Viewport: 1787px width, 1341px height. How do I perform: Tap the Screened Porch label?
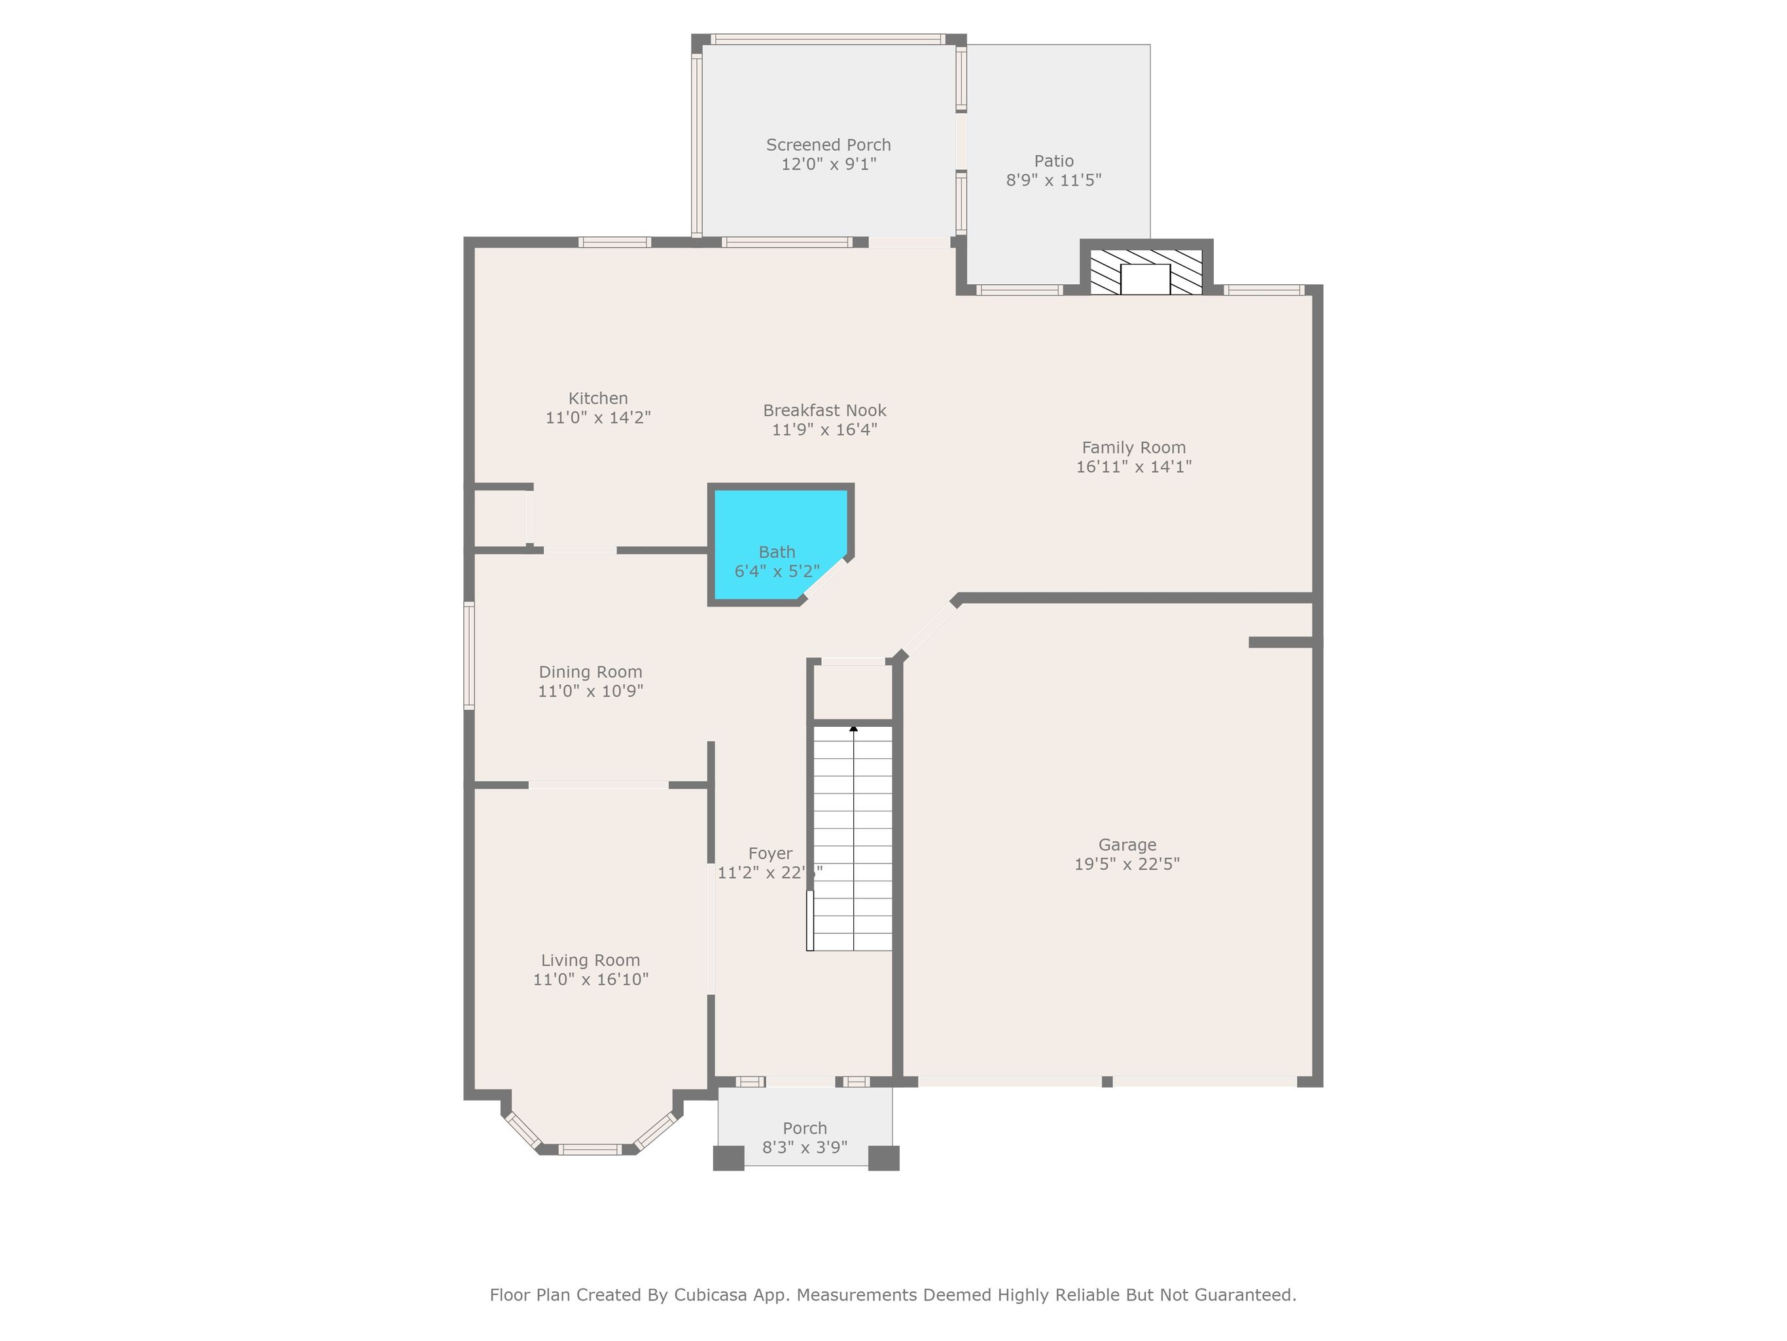click(828, 145)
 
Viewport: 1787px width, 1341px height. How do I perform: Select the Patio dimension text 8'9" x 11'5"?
click(1053, 180)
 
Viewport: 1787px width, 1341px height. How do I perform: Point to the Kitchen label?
click(598, 399)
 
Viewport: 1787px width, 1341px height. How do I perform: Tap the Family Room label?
click(1133, 448)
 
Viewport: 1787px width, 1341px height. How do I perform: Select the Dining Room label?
click(591, 672)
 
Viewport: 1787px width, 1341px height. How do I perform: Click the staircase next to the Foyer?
click(853, 838)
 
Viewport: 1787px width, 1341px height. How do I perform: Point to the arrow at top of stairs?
click(853, 729)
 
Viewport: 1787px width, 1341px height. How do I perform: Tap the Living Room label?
click(591, 961)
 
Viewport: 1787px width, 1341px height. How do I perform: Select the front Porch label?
click(805, 1128)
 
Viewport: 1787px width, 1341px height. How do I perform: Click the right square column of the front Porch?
click(884, 1158)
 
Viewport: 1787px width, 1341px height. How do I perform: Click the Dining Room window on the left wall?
click(469, 655)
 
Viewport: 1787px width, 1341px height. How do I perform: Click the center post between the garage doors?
click(1106, 1082)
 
